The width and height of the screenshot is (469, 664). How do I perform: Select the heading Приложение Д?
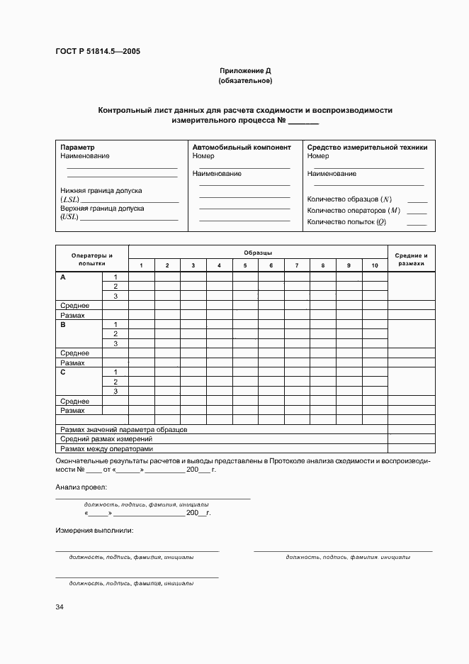tap(245, 71)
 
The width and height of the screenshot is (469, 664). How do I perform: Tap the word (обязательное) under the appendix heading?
tap(245, 81)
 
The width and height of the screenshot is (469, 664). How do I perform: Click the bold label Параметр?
tap(78, 148)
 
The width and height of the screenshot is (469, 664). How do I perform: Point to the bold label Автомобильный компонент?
tap(242, 148)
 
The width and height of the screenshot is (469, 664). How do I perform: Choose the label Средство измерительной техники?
tap(367, 148)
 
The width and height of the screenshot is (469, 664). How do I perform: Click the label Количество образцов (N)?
tap(349, 199)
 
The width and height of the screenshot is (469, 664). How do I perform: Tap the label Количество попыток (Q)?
tap(346, 222)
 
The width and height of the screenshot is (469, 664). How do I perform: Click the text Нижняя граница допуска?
tap(101, 191)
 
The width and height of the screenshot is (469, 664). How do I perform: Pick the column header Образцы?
tap(258, 253)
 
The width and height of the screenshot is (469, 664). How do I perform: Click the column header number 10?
tap(375, 265)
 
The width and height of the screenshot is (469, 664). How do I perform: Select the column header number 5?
tap(245, 265)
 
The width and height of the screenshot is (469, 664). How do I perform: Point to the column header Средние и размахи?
tap(411, 259)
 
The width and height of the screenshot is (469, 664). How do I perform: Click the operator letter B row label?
tap(63, 324)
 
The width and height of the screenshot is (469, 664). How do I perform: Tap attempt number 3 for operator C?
tap(115, 391)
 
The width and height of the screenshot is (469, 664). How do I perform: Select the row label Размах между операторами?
tap(106, 448)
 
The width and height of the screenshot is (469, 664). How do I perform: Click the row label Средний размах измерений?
tap(106, 439)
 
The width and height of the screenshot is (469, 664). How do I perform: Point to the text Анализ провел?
tap(81, 488)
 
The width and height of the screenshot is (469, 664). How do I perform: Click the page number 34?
tap(60, 607)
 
